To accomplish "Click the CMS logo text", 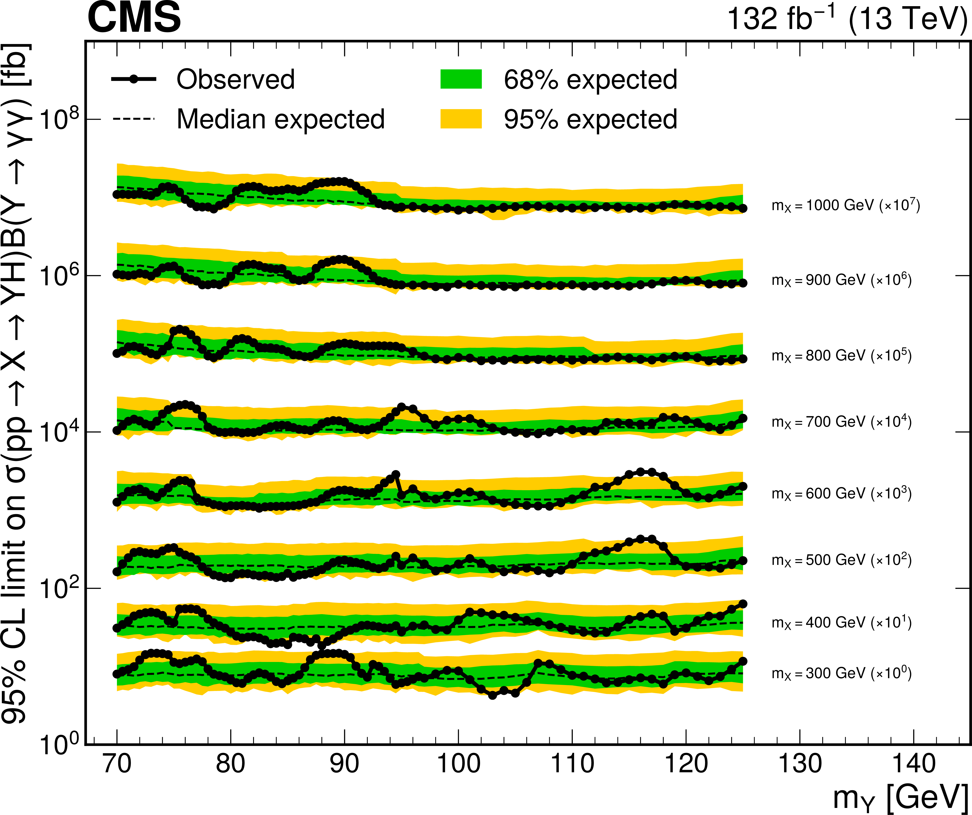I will (134, 18).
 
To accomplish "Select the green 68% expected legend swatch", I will (461, 79).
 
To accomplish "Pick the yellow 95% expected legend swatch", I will (461, 119).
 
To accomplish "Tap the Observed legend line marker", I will (134, 79).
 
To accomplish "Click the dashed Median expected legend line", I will (134, 119).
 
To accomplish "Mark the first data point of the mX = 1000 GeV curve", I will (117, 194).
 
